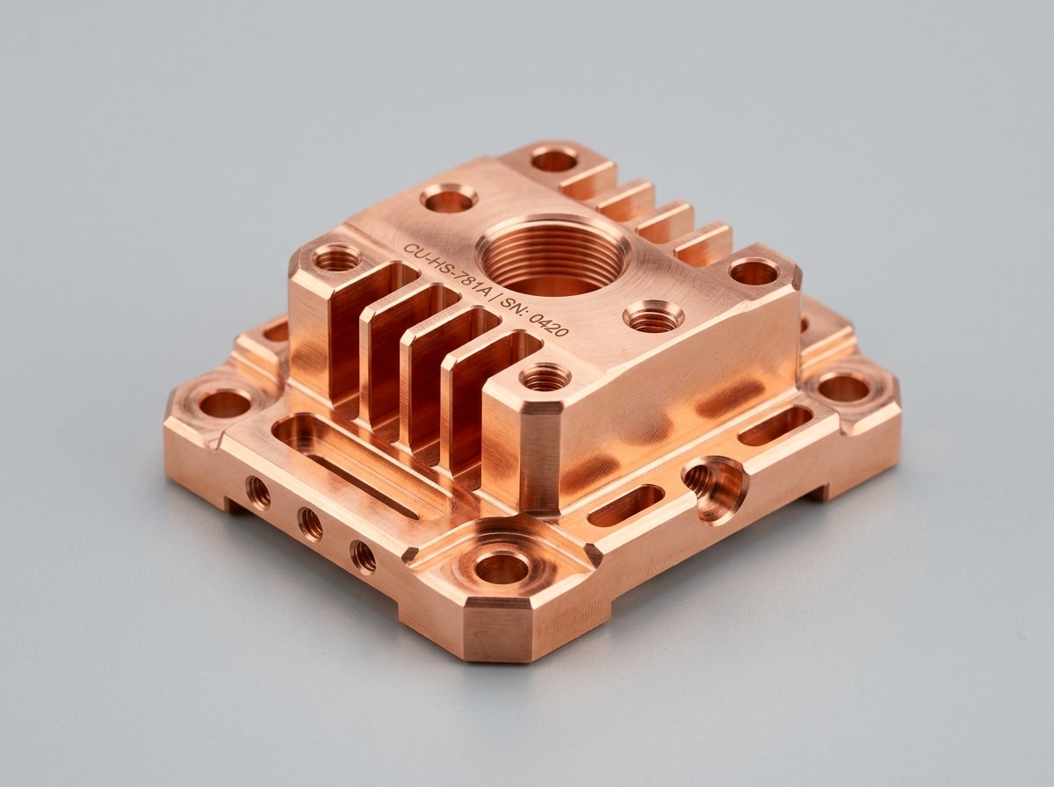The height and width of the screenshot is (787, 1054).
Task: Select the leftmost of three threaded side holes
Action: pos(258,493)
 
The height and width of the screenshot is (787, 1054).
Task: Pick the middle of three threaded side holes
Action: pos(310,524)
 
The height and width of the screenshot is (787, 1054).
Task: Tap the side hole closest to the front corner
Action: pos(363,558)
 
